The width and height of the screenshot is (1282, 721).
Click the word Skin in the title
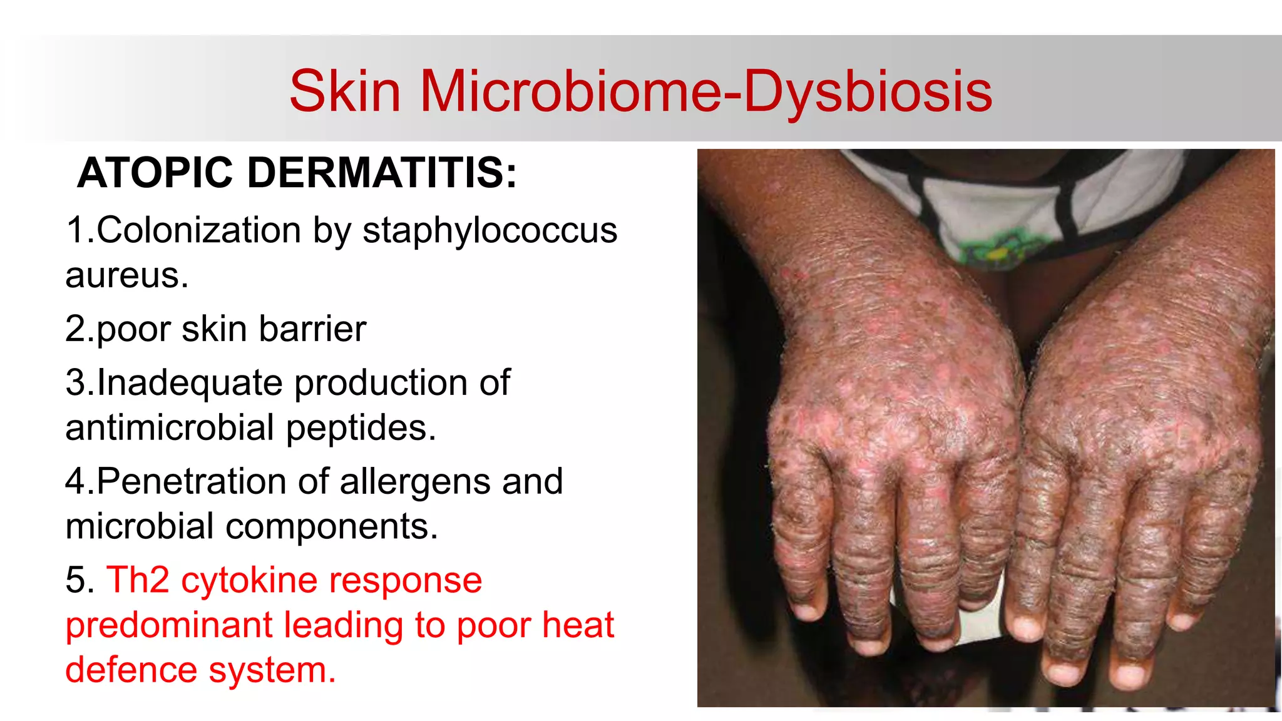pyautogui.click(x=345, y=91)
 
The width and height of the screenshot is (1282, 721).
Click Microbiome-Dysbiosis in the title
pyautogui.click(x=705, y=91)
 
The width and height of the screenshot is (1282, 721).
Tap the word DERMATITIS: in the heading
pyautogui.click(x=382, y=173)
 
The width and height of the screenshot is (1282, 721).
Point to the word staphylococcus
pyautogui.click(x=490, y=230)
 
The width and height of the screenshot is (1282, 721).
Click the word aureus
pyautogui.click(x=126, y=275)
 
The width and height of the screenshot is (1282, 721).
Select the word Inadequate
pyautogui.click(x=190, y=383)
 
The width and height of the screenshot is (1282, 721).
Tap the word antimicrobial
pyautogui.click(x=170, y=428)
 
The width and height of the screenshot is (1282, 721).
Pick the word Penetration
pyautogui.click(x=192, y=482)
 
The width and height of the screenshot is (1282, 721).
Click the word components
pyautogui.click(x=331, y=527)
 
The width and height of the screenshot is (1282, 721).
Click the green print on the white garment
pyautogui.click(x=998, y=248)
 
